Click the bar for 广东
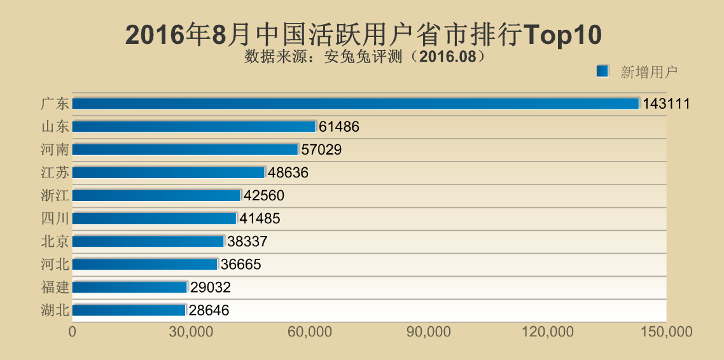pyautogui.click(x=355, y=103)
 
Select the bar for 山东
pyautogui.click(x=194, y=127)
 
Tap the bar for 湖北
pyautogui.click(x=129, y=310)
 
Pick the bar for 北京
pyautogui.click(x=148, y=242)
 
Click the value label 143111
pyautogui.click(x=666, y=104)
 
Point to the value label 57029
pyautogui.click(x=321, y=150)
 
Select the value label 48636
pyautogui.click(x=288, y=173)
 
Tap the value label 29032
pyautogui.click(x=210, y=287)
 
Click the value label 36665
pyautogui.click(x=240, y=265)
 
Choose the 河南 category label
pyautogui.click(x=55, y=149)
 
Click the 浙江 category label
pyautogui.click(x=55, y=195)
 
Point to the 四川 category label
pyautogui.click(x=55, y=218)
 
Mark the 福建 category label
pyautogui.click(x=55, y=287)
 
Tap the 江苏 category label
pyautogui.click(x=55, y=172)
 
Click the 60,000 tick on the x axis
pyautogui.click(x=310, y=332)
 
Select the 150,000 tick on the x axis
pyautogui.click(x=666, y=332)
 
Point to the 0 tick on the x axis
pyautogui.click(x=73, y=332)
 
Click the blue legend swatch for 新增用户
pyautogui.click(x=602, y=71)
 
